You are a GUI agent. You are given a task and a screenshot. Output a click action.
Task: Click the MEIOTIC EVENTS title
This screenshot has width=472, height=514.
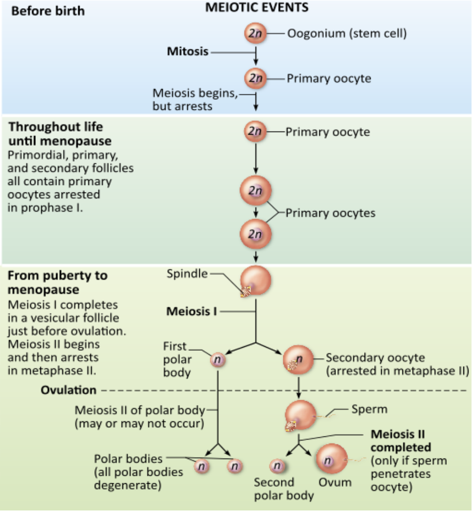point(257,8)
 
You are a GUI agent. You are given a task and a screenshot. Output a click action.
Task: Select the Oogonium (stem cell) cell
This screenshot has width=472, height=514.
point(255,34)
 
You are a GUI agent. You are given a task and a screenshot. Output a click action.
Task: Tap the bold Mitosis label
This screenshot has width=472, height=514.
point(188,51)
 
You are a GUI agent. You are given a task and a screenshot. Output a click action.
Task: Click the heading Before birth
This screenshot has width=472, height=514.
point(48,11)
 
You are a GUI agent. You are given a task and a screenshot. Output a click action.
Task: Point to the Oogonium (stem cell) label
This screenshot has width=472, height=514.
point(346,34)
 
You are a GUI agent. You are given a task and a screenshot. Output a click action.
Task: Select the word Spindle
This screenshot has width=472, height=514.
point(187,274)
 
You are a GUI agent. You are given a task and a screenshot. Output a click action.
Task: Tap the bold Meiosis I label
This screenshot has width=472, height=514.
point(191,311)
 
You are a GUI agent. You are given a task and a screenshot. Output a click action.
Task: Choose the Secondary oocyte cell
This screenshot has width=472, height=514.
point(299,360)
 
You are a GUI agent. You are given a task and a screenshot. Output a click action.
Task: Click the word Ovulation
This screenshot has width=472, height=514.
point(69,390)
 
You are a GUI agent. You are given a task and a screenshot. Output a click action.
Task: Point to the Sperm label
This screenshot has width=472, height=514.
point(370,409)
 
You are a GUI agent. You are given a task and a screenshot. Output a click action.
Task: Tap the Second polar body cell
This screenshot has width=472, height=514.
point(277,466)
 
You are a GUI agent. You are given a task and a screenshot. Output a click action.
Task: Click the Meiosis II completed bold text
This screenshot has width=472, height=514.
point(400,440)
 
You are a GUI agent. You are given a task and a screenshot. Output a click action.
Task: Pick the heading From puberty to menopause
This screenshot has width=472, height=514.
point(57,283)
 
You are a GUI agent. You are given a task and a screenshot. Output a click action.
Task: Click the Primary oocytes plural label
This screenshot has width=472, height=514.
point(330,213)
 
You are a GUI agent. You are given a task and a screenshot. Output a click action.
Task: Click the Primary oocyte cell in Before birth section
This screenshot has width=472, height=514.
point(255,79)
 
